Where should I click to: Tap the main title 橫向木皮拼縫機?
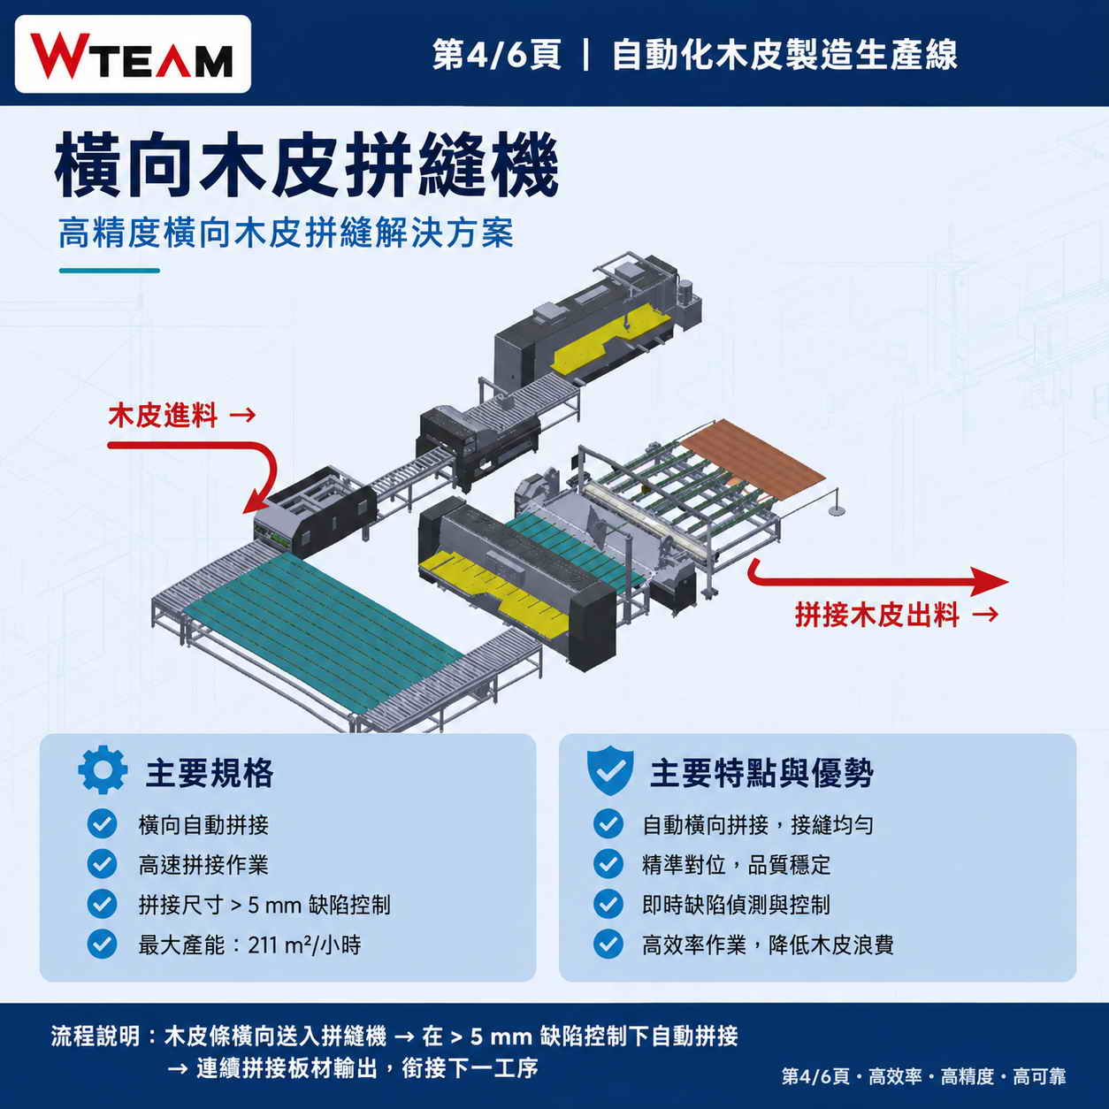coord(307,164)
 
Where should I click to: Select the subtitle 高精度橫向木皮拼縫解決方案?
coord(286,233)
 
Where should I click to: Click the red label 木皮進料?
coord(163,415)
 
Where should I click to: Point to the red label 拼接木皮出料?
coord(877,614)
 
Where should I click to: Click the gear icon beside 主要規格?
coord(103,769)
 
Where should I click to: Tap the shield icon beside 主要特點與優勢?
coord(610,770)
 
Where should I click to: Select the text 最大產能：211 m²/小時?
coord(249,945)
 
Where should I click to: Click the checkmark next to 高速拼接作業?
coord(102,864)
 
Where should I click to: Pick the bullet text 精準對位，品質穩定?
coord(737,864)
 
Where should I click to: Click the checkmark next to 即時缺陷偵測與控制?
coord(608,904)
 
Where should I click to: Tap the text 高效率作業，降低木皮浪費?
coord(768,945)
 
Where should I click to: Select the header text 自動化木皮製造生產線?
coord(784,55)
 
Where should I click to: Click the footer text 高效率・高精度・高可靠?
coord(967,1076)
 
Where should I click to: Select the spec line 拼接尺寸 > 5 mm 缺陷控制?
coord(264,905)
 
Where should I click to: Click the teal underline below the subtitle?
coord(110,271)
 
